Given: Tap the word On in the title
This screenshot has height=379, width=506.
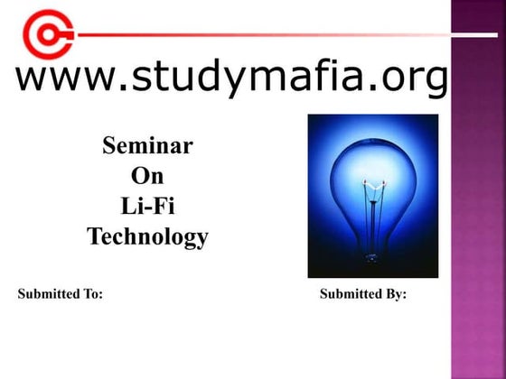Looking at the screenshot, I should pos(147,175).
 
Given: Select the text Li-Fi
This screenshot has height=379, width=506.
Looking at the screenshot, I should pos(147,206).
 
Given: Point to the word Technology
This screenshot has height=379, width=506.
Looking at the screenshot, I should pos(147,237).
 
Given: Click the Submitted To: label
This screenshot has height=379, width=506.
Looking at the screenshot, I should pos(61,294).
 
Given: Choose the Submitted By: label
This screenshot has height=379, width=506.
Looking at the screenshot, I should pos(363,294).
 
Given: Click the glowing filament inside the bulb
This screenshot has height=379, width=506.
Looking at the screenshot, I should pos(370,184).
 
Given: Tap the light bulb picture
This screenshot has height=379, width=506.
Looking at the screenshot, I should pos(372,196).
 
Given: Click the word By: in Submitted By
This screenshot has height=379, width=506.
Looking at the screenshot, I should pos(396,294).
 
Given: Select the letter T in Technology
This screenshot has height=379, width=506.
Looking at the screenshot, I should pos(94,237).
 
